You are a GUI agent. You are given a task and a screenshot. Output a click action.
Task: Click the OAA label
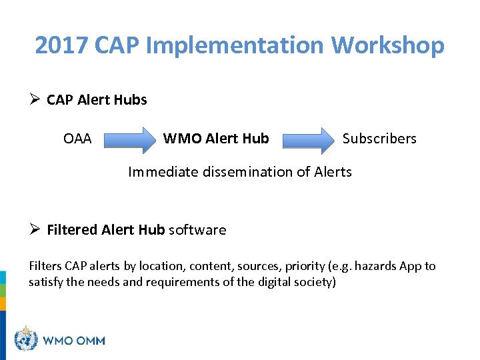click(77, 139)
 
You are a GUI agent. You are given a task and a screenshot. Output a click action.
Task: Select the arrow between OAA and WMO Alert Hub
click(129, 139)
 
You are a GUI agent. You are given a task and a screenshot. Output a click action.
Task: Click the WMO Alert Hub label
click(216, 139)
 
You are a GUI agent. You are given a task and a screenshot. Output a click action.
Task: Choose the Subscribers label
click(379, 139)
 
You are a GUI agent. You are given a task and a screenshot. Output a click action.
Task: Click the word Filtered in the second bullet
click(72, 230)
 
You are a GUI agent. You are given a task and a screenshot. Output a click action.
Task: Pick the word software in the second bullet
click(197, 230)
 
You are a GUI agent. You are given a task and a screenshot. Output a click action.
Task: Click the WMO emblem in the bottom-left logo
click(26, 339)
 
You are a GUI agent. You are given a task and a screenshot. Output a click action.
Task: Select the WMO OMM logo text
click(74, 340)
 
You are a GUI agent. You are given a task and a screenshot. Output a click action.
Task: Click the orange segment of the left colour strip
click(3, 303)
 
